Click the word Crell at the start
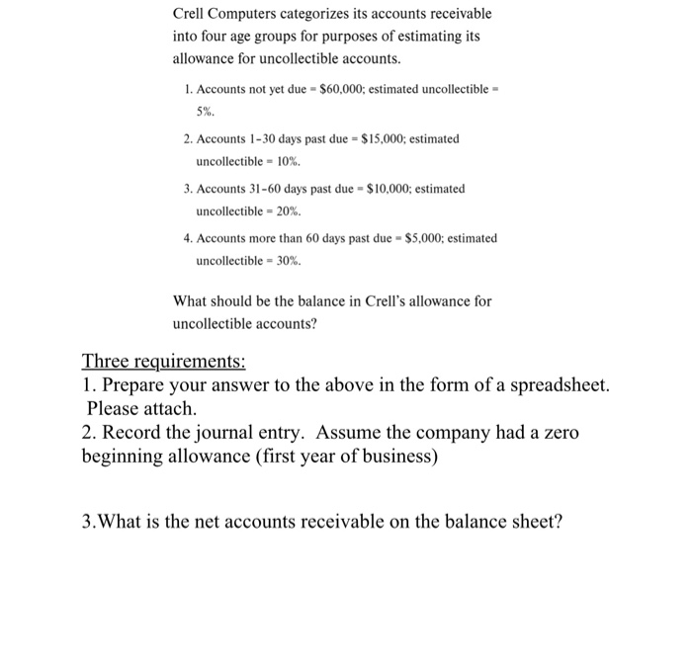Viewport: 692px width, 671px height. (x=190, y=14)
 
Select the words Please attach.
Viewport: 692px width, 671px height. (x=141, y=407)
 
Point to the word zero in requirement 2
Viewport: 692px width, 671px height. (x=561, y=433)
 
